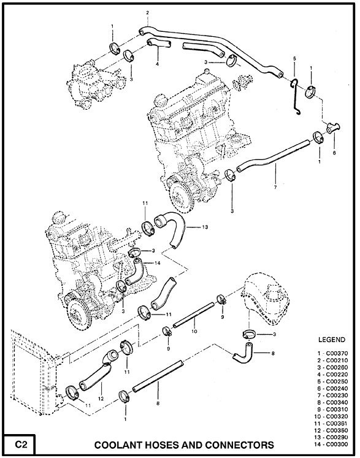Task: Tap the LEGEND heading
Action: pos(332,340)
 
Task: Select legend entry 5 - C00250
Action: pos(333,381)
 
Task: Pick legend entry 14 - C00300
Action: pos(332,445)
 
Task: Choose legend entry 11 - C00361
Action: pos(332,423)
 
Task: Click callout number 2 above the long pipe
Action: pos(148,12)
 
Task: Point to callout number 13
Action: pos(205,227)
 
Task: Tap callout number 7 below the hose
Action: pos(275,187)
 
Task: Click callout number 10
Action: pos(194,331)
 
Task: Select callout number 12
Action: pos(101,399)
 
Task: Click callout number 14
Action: pos(158,263)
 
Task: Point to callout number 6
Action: pos(334,153)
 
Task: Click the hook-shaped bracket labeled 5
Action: pos(295,96)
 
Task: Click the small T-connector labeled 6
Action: pos(333,128)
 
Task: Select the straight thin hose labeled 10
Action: pos(193,315)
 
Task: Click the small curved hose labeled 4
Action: pos(158,44)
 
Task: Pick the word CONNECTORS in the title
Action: pos(239,445)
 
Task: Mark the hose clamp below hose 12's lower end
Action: pos(72,392)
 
